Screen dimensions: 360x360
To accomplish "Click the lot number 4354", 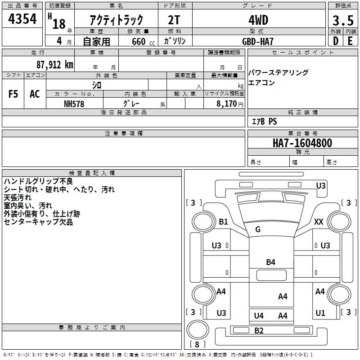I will point(22,19).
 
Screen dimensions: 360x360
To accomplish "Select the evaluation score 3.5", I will point(342,20).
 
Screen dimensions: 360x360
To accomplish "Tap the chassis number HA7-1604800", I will point(302,143).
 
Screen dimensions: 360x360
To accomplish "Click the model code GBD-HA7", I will point(258,41).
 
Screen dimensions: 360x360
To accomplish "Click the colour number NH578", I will point(74,103).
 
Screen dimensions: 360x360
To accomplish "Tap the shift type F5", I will point(13,94).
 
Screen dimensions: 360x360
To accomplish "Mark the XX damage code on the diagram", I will point(319,222).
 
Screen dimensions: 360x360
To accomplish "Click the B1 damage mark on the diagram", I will point(224,222).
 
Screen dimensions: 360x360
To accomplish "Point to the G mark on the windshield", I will point(258,229).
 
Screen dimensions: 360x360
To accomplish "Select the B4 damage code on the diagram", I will point(270,262).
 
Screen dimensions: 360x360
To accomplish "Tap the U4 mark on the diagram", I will point(259,316).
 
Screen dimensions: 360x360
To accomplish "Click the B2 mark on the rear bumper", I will point(259,331).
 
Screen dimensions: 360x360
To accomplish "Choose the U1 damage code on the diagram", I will point(320,313).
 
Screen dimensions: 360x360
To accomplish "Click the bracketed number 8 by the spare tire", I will point(197,345).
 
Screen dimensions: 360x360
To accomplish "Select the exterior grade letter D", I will point(335,41).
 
